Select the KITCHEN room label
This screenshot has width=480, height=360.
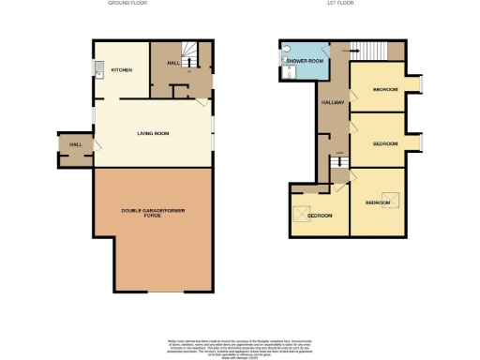[x=122, y=70]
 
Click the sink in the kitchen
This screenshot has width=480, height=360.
[x=97, y=67]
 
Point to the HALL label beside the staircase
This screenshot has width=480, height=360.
[x=172, y=64]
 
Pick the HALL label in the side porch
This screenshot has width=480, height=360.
[x=74, y=145]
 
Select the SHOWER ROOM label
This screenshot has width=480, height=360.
[x=304, y=60]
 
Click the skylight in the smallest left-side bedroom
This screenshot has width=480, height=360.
[x=302, y=211]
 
